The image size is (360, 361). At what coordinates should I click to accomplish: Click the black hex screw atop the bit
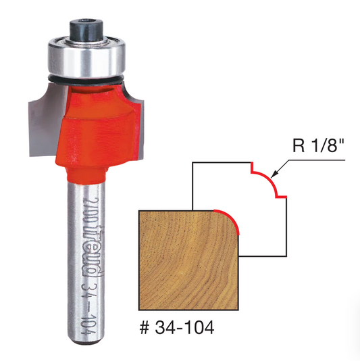pos(86,29)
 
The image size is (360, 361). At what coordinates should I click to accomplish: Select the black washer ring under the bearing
pos(86,79)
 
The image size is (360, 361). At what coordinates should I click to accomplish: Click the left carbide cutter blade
pos(46,120)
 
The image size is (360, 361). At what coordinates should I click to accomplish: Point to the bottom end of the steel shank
pos(86,343)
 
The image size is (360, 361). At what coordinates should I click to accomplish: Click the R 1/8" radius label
pos(318,145)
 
